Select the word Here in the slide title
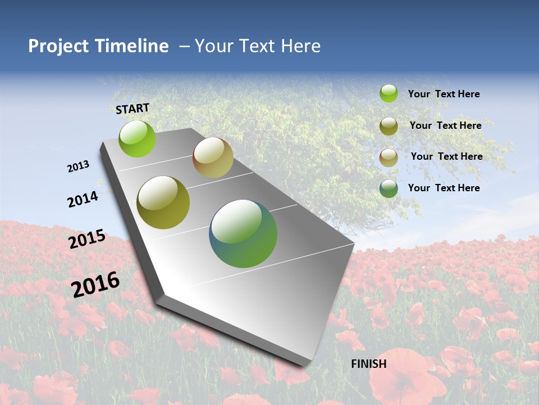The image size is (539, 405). (300, 46)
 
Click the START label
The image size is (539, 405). (133, 109)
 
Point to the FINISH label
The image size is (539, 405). (369, 364)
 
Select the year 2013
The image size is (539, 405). (79, 166)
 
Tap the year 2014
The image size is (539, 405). (83, 199)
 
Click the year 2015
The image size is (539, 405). (87, 239)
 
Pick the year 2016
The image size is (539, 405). (95, 284)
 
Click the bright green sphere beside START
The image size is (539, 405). (137, 138)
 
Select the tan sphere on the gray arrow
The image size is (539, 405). (213, 157)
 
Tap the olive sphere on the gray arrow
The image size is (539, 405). (163, 202)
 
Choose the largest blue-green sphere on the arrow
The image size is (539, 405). (243, 233)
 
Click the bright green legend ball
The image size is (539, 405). (389, 93)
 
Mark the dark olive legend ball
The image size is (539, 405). (389, 126)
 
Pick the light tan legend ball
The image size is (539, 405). (389, 157)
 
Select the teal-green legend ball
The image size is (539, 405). (389, 188)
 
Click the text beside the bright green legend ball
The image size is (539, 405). (444, 94)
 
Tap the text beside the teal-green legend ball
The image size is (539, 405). (444, 188)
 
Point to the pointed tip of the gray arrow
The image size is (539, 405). (306, 364)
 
